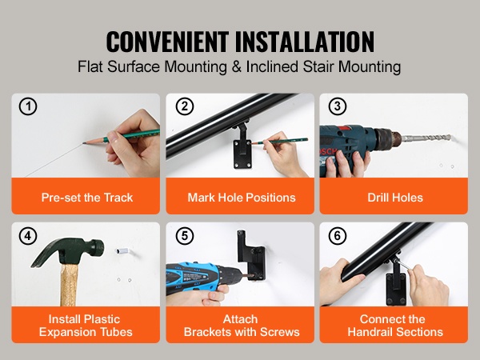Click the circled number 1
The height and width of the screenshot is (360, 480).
click(x=28, y=106)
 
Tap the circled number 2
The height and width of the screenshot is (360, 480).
click(x=185, y=106)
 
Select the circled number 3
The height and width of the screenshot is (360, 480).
click(x=338, y=106)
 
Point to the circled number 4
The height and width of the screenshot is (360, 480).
click(x=28, y=236)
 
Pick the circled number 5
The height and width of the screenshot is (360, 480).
click(x=185, y=236)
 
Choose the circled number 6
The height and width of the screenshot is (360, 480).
click(x=338, y=236)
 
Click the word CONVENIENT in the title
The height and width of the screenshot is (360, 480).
click(x=167, y=42)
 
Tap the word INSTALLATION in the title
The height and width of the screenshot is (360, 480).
click(x=305, y=42)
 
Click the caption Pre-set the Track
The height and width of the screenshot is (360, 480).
click(x=87, y=198)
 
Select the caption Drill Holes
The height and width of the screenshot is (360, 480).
click(x=395, y=198)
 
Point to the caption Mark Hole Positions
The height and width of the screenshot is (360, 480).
click(x=242, y=198)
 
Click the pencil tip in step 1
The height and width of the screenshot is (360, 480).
click(x=84, y=143)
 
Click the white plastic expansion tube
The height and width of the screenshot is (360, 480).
click(x=122, y=251)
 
